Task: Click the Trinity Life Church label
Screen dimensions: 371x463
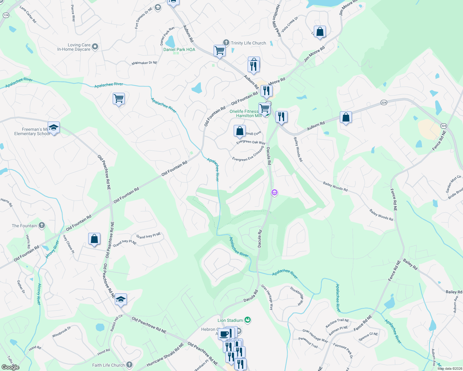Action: click(248, 43)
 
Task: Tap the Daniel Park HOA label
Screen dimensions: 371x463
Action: click(179, 49)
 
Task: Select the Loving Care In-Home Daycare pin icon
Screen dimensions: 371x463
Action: click(95, 46)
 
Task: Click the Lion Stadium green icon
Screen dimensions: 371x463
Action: click(247, 320)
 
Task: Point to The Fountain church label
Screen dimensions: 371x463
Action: click(24, 226)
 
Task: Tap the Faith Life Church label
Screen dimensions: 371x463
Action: click(108, 365)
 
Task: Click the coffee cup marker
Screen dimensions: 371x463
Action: click(224, 334)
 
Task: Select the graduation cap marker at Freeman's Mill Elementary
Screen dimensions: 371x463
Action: click(54, 128)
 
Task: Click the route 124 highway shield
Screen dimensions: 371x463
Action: click(6, 15)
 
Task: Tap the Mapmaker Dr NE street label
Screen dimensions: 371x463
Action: click(144, 63)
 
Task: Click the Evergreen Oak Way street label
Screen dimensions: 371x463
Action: click(251, 142)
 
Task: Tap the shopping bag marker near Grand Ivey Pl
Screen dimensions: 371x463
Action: click(94, 239)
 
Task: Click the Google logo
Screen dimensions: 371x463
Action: click(11, 367)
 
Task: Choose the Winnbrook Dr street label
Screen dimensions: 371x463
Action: click(61, 332)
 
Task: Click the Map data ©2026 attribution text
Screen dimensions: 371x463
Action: click(448, 369)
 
